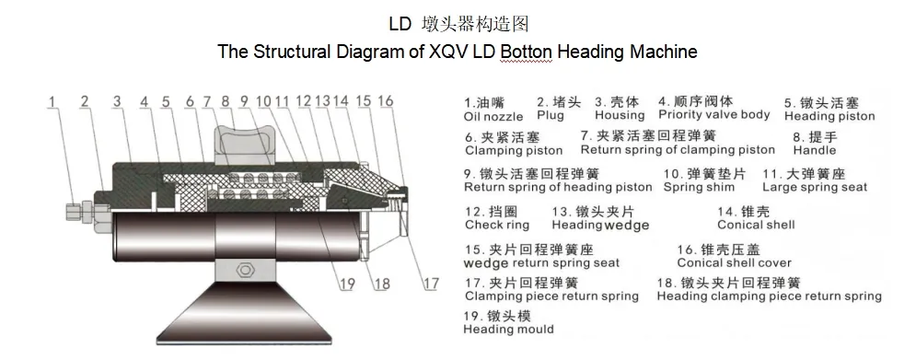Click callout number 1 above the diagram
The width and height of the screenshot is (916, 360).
[53, 100]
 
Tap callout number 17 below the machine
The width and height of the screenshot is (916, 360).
[431, 284]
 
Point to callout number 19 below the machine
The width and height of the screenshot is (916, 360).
[346, 284]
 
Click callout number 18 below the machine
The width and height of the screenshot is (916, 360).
[381, 284]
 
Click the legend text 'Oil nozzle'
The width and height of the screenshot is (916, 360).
[493, 117]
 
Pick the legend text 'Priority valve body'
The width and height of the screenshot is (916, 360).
[713, 115]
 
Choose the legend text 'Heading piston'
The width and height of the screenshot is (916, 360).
[829, 117]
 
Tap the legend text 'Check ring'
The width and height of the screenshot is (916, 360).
[497, 225]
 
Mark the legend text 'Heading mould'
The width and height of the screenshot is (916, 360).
[508, 329]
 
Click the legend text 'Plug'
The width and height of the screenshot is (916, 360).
[551, 117]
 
